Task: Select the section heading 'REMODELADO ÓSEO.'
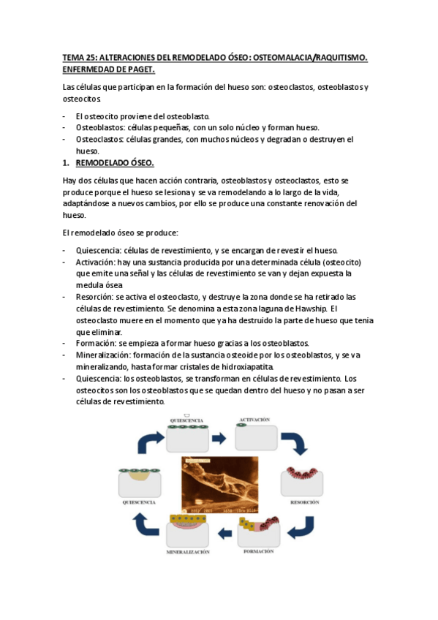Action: pos(115,162)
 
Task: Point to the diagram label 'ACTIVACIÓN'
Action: pos(254,420)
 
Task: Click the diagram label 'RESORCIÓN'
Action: pos(304,504)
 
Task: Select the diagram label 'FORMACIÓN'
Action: pos(259,551)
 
